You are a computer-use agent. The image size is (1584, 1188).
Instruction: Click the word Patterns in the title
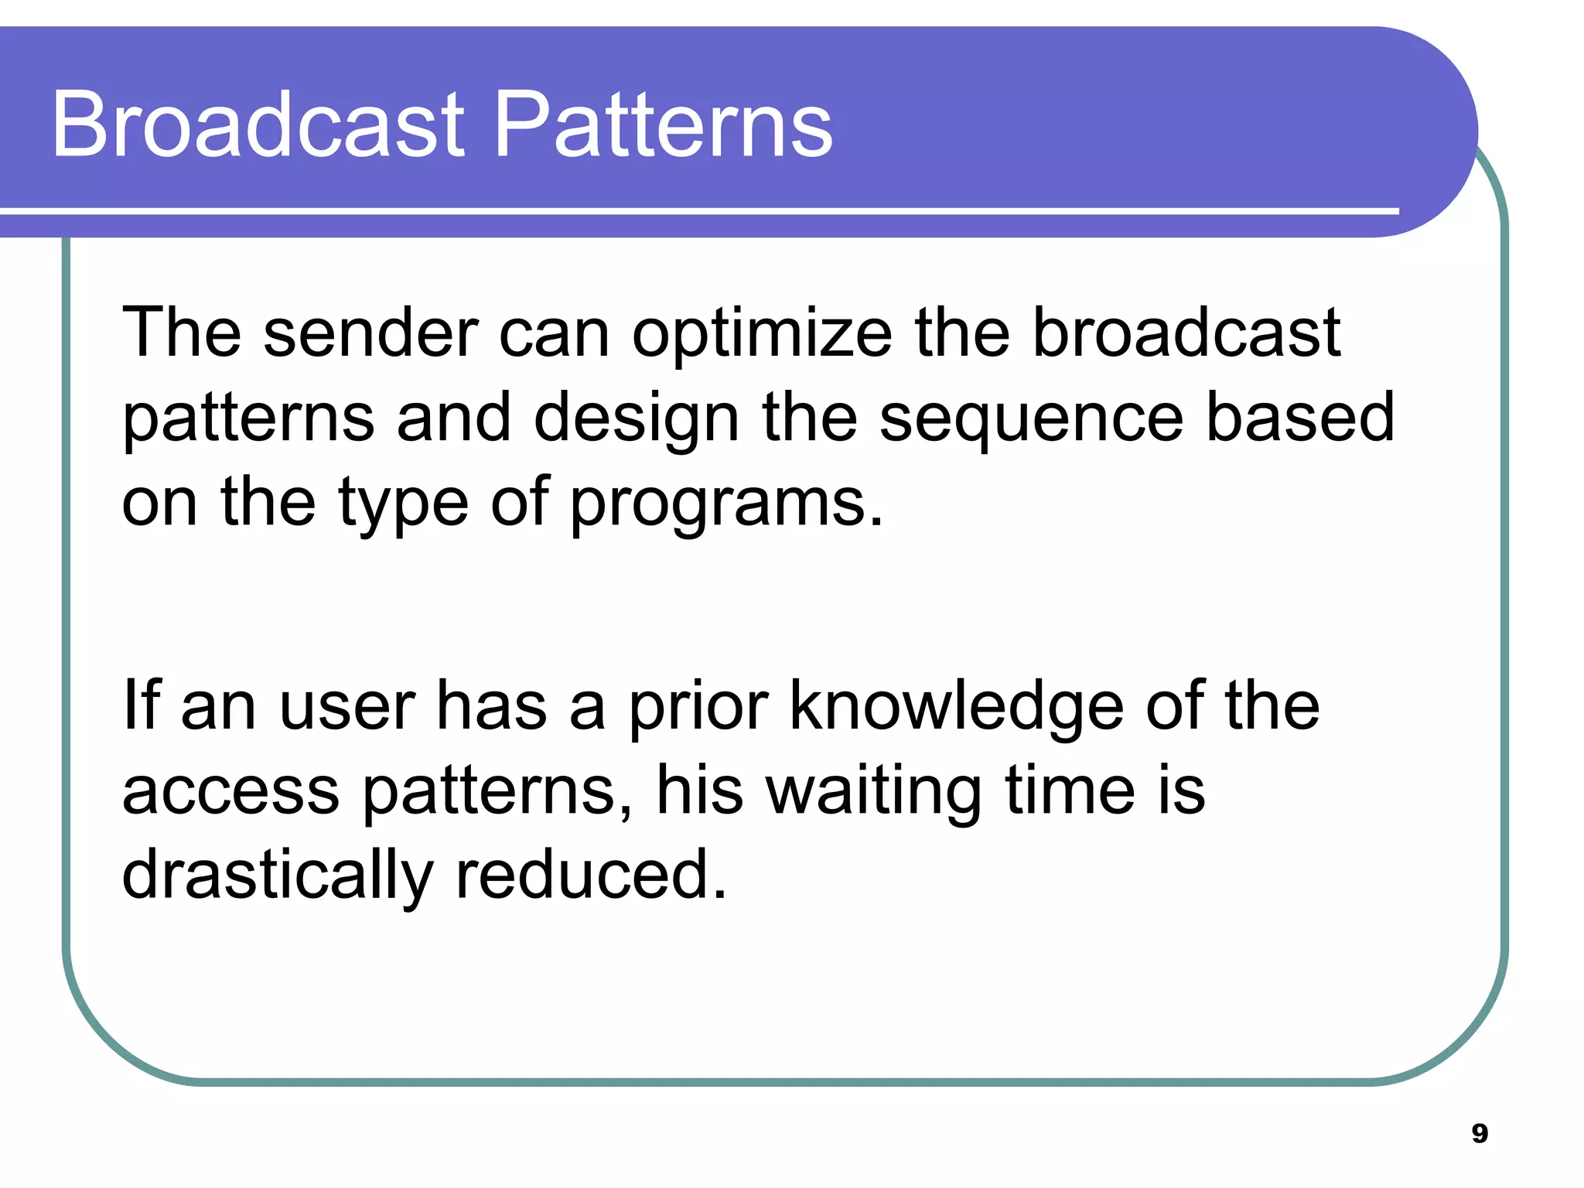click(x=663, y=125)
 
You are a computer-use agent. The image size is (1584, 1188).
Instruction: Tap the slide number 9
click(x=1479, y=1133)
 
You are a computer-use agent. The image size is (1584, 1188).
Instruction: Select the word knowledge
click(x=956, y=708)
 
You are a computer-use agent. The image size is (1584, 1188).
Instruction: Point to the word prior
click(x=698, y=708)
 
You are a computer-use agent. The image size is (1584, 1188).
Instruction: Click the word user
click(x=347, y=708)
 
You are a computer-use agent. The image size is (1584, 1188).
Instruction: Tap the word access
click(x=230, y=791)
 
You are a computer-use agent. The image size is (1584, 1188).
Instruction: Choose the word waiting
click(x=874, y=793)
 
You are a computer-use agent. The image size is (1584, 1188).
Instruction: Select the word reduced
click(x=592, y=874)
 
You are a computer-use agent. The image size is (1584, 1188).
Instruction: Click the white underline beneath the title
click(x=696, y=210)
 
